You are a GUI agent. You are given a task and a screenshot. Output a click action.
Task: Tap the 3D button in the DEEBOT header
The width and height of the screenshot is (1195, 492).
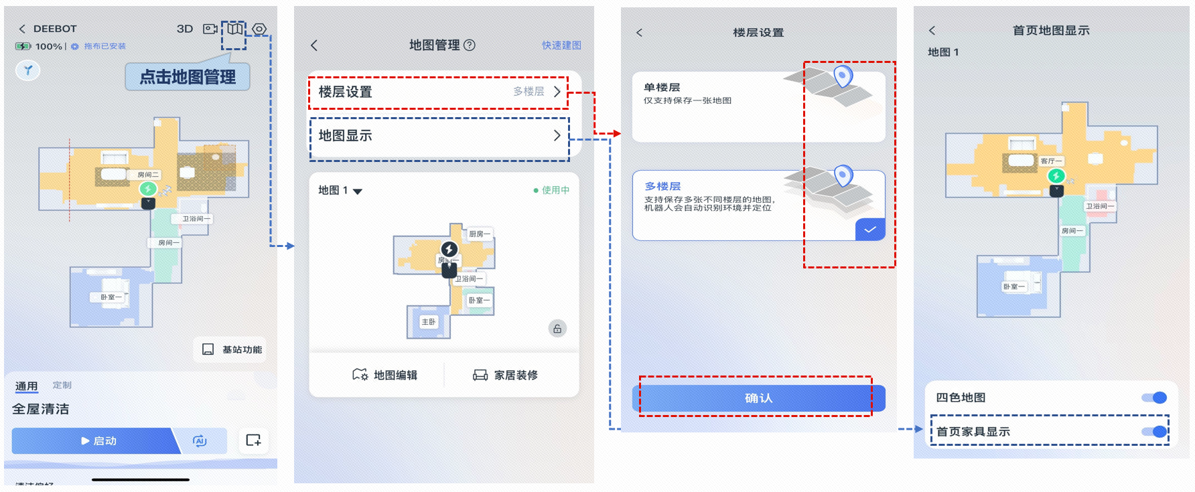point(185,29)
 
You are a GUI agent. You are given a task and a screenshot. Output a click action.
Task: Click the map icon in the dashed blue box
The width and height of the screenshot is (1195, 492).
point(234,29)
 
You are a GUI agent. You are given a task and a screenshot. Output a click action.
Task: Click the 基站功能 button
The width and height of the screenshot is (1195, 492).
point(232,349)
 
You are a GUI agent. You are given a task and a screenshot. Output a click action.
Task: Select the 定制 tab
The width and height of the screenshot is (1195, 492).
point(62,385)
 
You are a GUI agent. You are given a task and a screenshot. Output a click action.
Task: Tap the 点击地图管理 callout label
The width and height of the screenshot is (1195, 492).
point(188,77)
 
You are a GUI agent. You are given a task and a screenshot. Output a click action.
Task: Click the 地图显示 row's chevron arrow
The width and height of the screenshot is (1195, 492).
point(557,135)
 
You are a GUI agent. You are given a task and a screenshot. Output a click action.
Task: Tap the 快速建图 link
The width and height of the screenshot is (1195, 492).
point(561,45)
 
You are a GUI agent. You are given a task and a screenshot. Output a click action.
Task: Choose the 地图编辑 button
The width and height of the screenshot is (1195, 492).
point(385,375)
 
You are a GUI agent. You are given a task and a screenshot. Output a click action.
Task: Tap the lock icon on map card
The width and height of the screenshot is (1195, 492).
point(557,329)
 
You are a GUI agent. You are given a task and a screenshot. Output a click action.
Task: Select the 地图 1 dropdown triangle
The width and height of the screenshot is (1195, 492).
point(358,191)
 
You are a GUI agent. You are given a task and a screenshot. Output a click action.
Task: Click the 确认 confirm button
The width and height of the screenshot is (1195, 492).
point(758,398)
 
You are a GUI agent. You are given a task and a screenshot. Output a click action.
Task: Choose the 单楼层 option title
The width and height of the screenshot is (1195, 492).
point(662,87)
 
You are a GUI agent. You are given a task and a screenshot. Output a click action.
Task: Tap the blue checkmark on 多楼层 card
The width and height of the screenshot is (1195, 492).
point(869,230)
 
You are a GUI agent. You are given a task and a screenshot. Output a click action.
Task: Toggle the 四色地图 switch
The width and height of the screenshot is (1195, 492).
point(1154,398)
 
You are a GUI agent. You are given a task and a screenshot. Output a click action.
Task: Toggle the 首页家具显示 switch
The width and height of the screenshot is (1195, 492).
point(1154,432)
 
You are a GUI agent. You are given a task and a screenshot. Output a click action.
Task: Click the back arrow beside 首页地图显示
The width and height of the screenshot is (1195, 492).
point(932,31)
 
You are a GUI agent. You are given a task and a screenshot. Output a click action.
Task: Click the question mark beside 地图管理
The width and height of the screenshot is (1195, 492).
point(470,45)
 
